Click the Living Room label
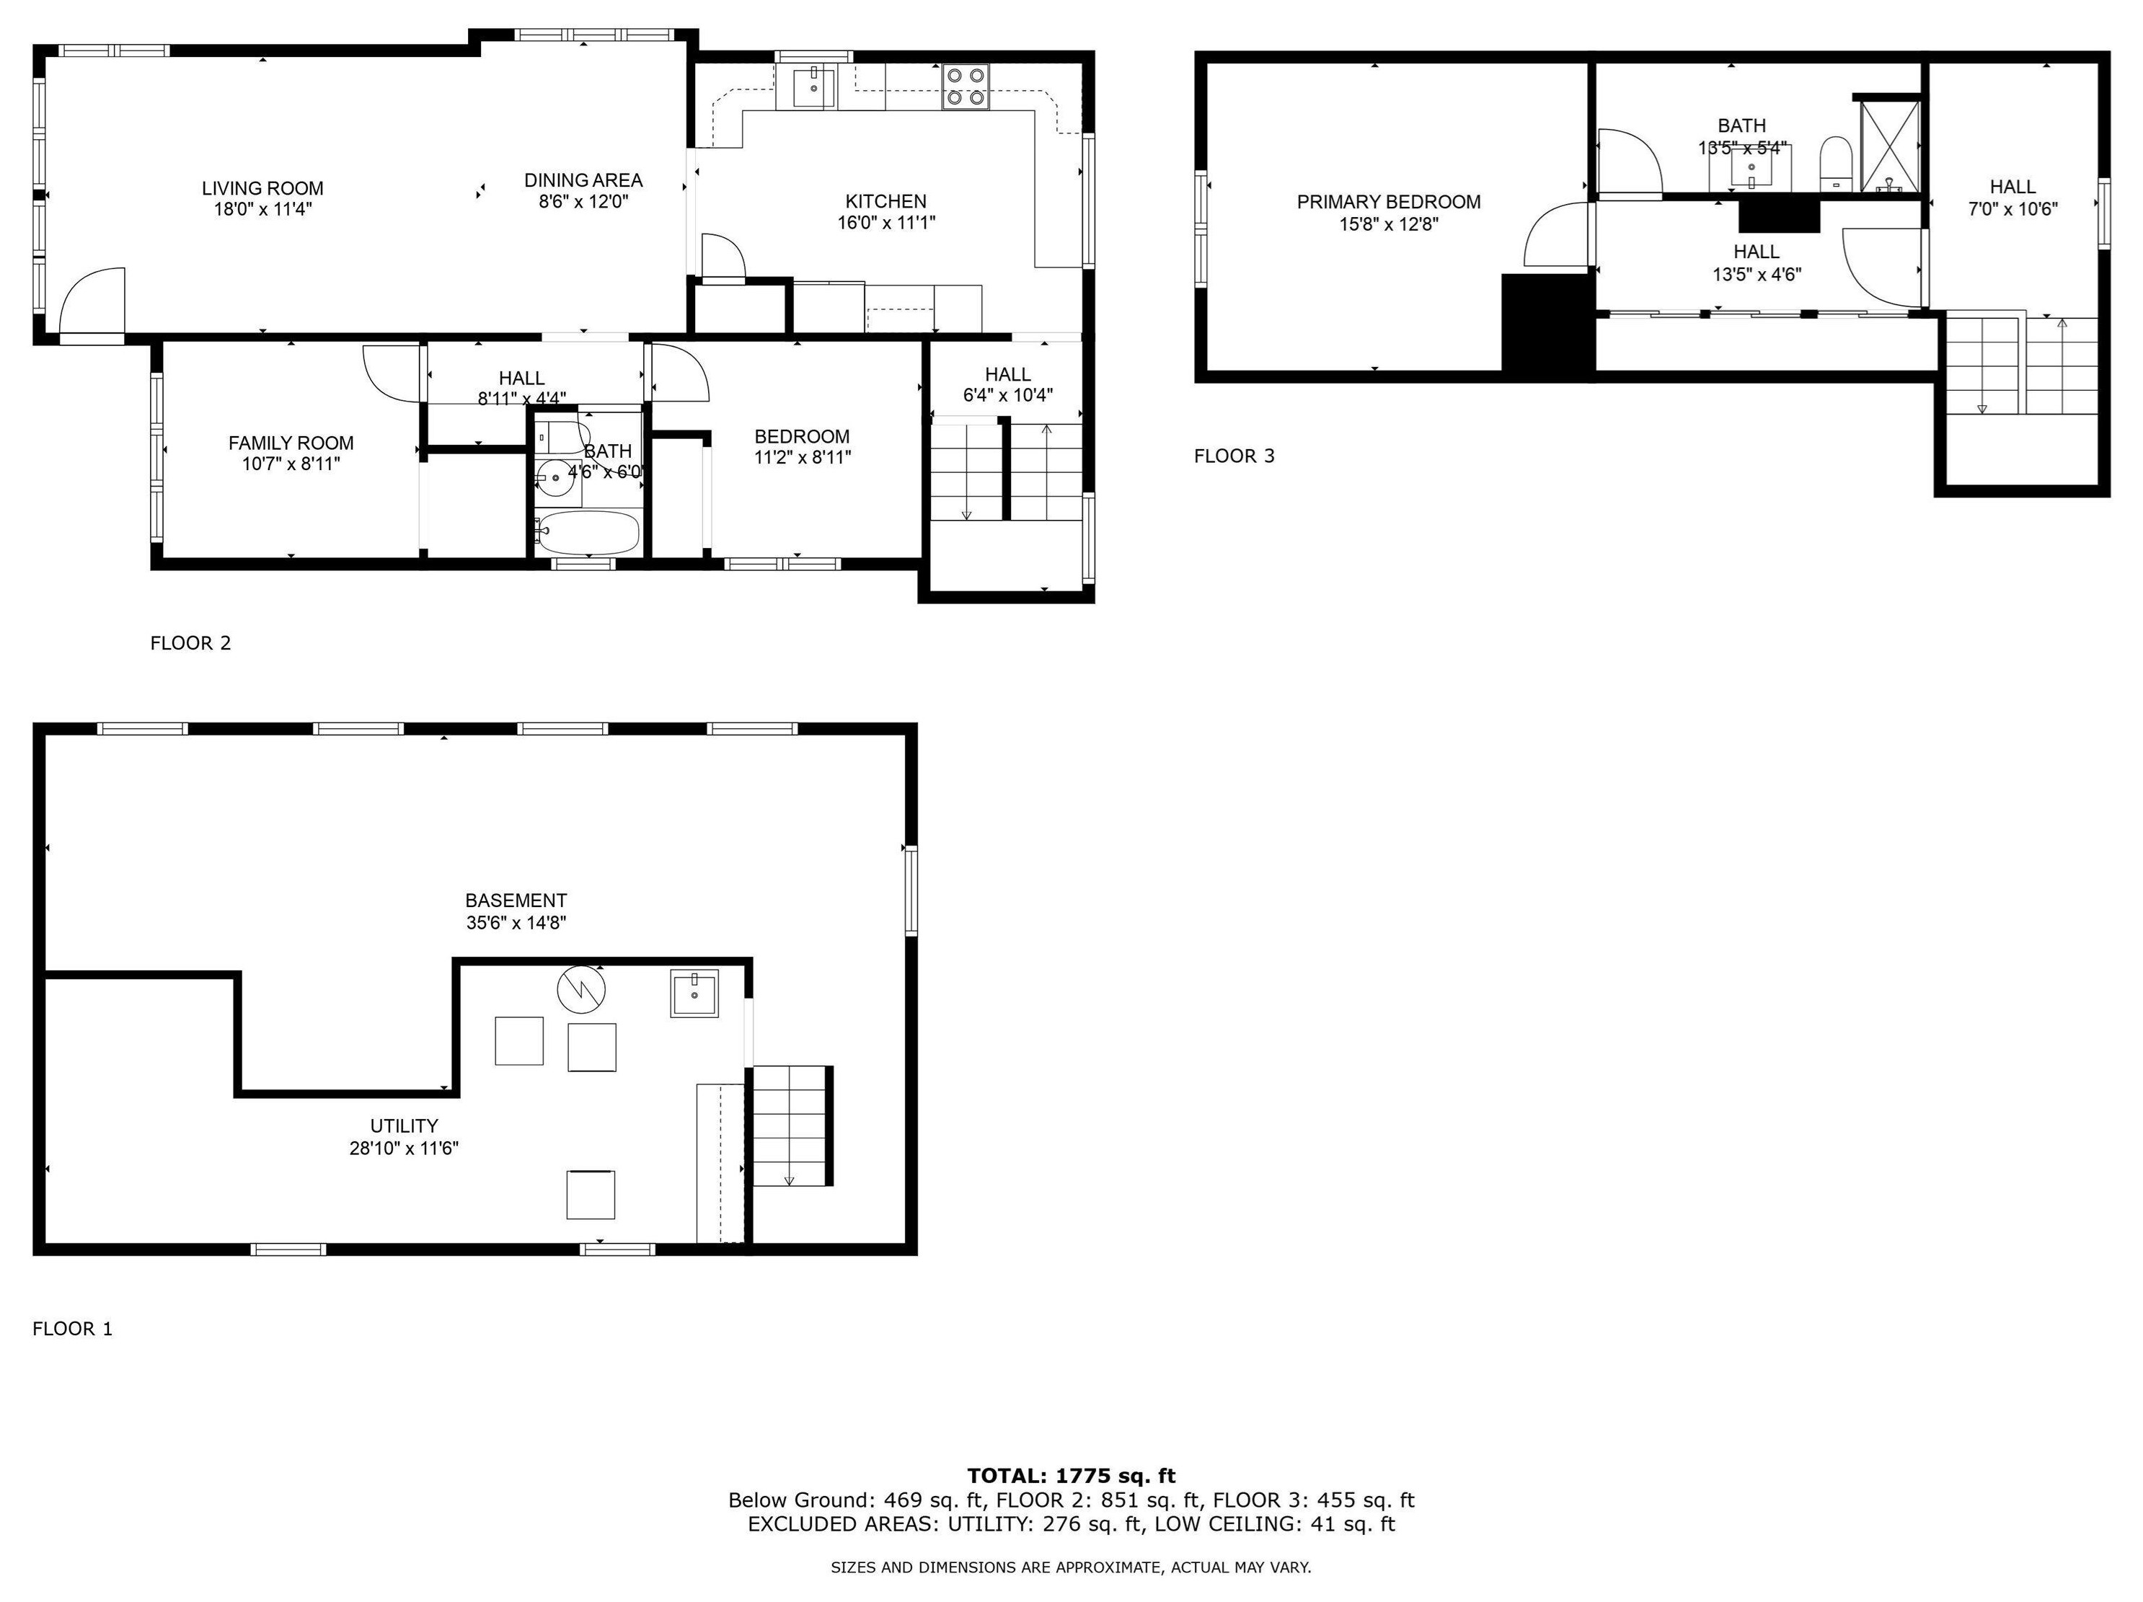[x=262, y=188]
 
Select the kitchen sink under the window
[x=814, y=87]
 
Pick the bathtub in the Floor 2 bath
[x=588, y=533]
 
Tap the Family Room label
[x=291, y=443]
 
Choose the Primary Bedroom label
[x=1388, y=201]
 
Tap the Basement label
[x=516, y=900]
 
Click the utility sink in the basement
[x=694, y=993]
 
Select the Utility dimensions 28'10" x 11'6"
[x=404, y=1149]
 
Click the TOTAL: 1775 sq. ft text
[x=1071, y=1476]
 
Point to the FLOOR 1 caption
[x=73, y=1329]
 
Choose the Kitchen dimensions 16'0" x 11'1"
[x=886, y=223]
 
